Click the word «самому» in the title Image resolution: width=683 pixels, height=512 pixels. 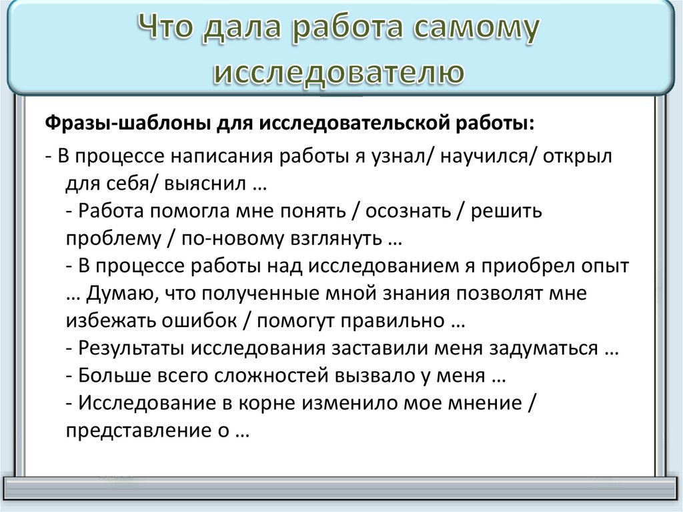pyautogui.click(x=466, y=31)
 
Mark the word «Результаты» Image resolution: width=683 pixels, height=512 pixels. pyautogui.click(x=131, y=348)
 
